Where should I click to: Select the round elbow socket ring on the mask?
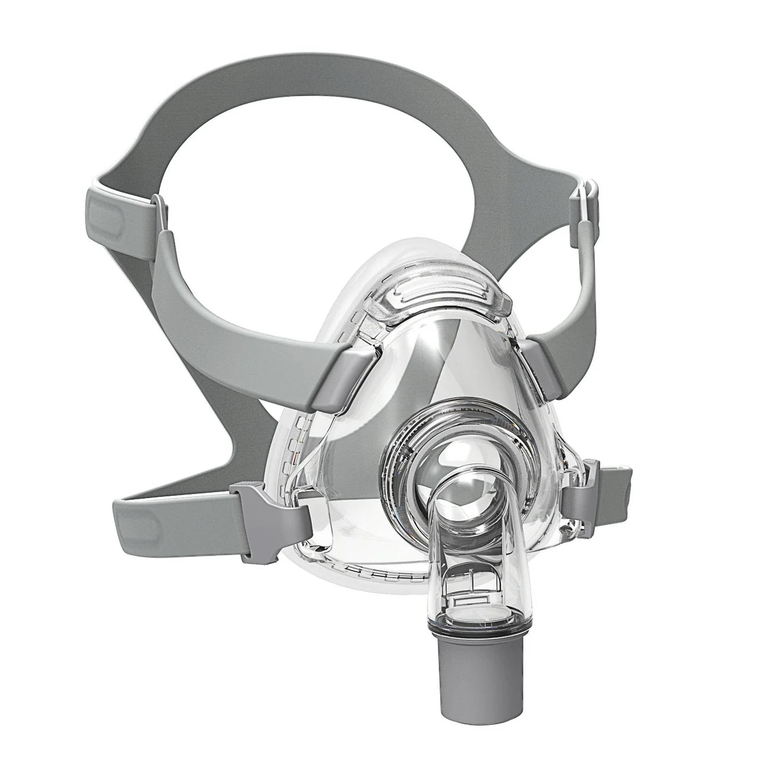tap(436, 451)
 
